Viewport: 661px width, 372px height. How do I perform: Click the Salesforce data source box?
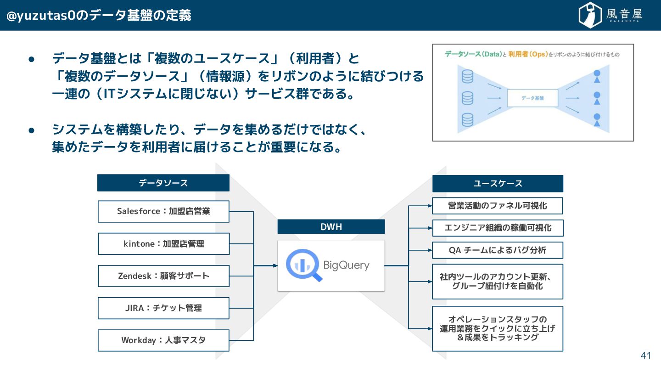point(163,212)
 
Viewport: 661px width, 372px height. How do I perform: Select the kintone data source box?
point(163,244)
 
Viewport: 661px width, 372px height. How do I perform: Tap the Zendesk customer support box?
point(163,276)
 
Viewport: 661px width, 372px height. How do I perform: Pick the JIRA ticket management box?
point(163,308)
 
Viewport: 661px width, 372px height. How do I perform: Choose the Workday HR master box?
point(163,340)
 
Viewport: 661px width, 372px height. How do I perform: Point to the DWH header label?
point(331,227)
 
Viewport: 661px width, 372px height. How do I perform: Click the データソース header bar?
point(163,183)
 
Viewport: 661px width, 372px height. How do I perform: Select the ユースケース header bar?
point(498,183)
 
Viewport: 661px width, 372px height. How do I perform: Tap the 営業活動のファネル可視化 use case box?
point(498,206)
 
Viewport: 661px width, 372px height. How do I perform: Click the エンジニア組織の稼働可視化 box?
point(498,228)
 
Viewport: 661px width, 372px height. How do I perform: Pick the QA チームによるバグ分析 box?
point(498,250)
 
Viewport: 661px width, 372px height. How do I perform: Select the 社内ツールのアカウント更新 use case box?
point(498,281)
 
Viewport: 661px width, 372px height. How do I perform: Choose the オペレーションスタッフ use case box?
point(498,328)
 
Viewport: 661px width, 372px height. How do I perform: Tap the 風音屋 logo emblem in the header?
point(590,15)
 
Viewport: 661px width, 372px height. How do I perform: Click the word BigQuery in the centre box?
point(346,265)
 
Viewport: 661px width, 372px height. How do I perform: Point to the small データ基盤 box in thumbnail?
point(532,98)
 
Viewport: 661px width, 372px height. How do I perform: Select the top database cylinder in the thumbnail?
point(467,76)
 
